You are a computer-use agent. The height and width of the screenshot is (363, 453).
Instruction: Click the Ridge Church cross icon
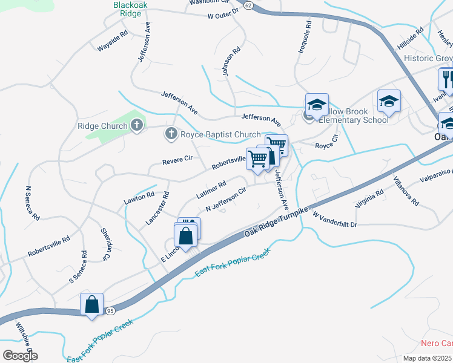[137, 126]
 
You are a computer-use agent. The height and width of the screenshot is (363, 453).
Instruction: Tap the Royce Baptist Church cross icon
[171, 134]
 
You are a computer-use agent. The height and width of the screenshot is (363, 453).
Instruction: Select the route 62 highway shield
[249, 4]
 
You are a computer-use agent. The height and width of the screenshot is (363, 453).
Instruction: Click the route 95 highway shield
[110, 310]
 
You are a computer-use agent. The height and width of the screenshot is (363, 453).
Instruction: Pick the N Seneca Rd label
[32, 203]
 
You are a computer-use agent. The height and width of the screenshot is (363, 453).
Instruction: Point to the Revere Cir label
[177, 160]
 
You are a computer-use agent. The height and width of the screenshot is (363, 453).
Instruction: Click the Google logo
[19, 356]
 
